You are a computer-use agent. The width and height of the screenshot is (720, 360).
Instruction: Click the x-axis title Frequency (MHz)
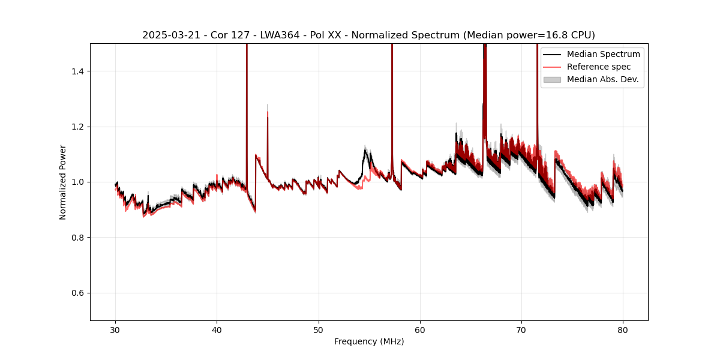pos(369,341)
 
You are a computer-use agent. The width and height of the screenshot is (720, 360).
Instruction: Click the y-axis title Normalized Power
pos(63,182)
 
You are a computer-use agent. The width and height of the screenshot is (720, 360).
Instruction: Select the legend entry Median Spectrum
pos(603,54)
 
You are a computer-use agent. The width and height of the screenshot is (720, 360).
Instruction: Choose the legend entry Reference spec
pos(599,67)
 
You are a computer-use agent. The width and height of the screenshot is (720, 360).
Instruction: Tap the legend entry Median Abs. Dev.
pos(602,79)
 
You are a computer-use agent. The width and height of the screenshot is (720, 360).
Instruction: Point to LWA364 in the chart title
pos(280,35)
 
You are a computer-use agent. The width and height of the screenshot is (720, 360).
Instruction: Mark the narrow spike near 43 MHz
pos(247,90)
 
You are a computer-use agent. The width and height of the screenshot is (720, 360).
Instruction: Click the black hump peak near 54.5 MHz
pos(365,151)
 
